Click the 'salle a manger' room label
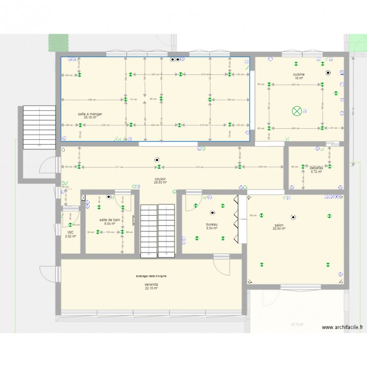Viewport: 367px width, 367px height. (90, 114)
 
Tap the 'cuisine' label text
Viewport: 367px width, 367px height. (298, 74)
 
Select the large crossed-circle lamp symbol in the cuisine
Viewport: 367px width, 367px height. (297, 111)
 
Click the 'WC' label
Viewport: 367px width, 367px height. (70, 232)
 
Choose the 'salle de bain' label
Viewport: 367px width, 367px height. (110, 220)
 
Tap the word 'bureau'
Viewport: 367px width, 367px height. (212, 225)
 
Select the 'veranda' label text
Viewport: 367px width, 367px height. (151, 284)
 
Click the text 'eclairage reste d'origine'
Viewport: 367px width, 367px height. (151, 276)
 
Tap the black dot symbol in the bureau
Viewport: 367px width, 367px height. (212, 213)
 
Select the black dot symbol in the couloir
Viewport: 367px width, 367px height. (157, 159)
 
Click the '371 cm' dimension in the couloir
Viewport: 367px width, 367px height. (119, 167)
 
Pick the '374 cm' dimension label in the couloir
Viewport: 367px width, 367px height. (199, 167)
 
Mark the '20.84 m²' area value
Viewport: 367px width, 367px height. (279, 229)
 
